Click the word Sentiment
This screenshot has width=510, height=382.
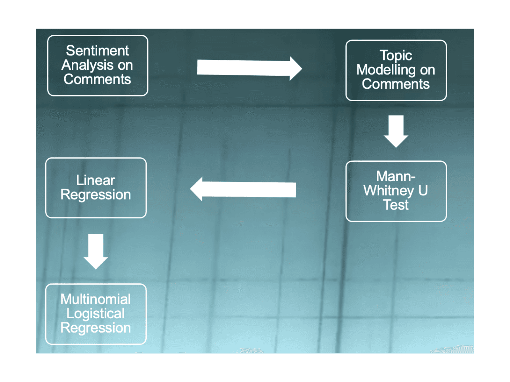coord(97,51)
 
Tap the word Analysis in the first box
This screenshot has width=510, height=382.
coord(88,66)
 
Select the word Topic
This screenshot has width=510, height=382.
coord(396,56)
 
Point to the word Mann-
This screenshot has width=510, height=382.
coord(396,176)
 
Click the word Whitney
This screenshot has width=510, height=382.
coord(389,191)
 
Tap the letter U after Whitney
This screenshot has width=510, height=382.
coord(423,190)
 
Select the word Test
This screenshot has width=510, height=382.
coord(396,205)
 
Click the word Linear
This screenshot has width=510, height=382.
coord(96,180)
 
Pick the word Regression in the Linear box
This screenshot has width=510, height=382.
coord(96,195)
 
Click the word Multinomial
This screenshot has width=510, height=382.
coord(96,299)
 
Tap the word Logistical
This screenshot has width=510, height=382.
coord(96,314)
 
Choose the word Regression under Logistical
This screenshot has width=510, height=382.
coord(96,328)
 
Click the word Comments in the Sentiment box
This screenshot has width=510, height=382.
coord(97,79)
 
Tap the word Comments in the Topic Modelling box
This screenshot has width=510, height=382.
coord(396,84)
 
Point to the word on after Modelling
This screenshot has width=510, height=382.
coord(427,70)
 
